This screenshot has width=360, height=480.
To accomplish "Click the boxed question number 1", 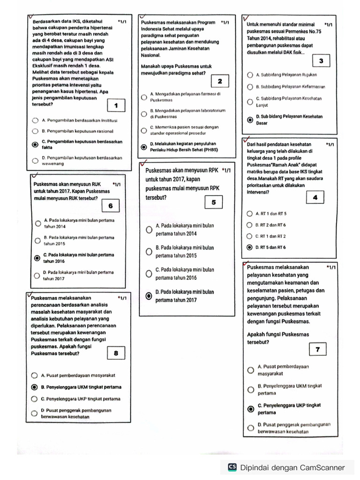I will click(x=115, y=105).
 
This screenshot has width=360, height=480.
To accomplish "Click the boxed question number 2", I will click(x=220, y=82).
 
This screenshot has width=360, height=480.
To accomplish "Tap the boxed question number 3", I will click(x=321, y=61).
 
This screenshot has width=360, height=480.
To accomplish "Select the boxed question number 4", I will click(x=315, y=198).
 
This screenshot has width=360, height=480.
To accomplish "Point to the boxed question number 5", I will click(x=214, y=202).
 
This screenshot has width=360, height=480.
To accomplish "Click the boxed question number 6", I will click(x=110, y=206).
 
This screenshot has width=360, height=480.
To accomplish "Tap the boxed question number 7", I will click(x=318, y=349).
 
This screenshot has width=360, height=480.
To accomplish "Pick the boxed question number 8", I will click(x=116, y=353).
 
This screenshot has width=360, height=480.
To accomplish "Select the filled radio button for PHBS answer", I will click(x=144, y=147).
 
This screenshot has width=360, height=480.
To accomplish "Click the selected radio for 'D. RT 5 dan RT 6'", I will click(x=249, y=247).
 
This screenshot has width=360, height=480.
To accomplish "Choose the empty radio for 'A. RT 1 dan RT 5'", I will click(x=249, y=214).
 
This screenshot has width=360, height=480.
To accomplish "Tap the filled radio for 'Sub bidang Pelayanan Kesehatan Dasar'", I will click(x=250, y=120).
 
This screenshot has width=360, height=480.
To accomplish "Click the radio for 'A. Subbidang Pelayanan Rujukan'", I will click(x=249, y=75).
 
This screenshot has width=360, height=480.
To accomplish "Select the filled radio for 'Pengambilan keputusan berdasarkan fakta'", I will click(x=35, y=144).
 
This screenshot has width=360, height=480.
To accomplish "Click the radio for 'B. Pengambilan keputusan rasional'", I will click(x=35, y=132).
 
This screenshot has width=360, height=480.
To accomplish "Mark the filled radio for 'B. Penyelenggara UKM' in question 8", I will click(x=34, y=387).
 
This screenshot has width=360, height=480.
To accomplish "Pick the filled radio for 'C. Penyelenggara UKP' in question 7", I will click(x=251, y=409).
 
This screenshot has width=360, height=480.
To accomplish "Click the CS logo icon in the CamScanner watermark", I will click(x=232, y=467).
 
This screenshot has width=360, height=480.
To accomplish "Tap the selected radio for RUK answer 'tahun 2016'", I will click(x=37, y=258).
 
